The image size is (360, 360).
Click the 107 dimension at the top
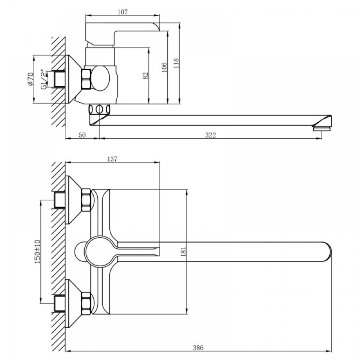122,12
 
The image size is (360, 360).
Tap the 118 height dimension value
176,63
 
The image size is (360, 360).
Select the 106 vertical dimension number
164,67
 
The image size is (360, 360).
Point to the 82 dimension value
145,76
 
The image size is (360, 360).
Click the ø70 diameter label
31,79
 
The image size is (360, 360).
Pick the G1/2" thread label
44,79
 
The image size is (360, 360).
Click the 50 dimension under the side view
82,135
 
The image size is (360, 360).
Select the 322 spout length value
210,135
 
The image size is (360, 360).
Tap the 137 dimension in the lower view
112,159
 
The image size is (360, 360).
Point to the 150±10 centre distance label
37,252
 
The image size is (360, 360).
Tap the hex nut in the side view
86,79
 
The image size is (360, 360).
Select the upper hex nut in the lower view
86,200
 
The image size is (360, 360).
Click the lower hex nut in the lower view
86,303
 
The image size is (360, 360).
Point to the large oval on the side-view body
100,78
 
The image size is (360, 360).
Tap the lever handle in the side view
122,34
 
